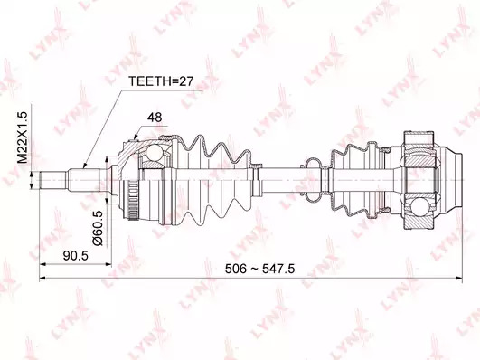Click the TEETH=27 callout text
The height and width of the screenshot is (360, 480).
point(161,81)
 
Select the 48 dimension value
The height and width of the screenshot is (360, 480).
point(155,118)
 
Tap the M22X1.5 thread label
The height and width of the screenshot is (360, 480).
point(23,137)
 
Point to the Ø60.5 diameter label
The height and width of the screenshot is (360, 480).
point(99,228)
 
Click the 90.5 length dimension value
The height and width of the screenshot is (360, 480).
point(76,255)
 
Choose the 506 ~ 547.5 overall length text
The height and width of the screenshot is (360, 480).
point(260,269)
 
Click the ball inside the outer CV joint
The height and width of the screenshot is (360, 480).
point(154,153)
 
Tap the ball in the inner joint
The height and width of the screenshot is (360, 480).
point(419,206)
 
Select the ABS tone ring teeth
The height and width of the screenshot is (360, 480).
point(133,201)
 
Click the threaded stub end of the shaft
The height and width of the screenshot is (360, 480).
point(53,181)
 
